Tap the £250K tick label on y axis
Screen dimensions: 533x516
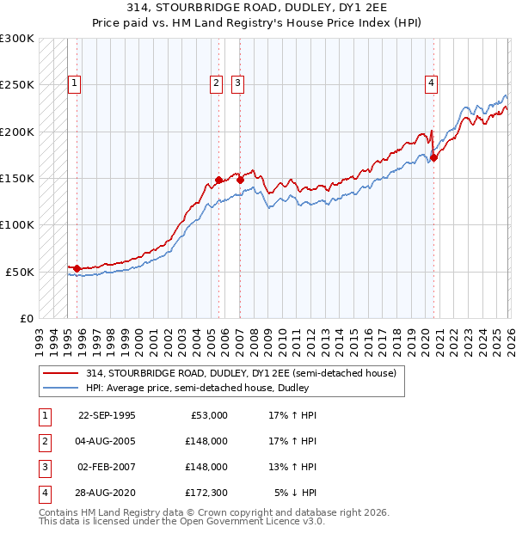[x=17, y=85]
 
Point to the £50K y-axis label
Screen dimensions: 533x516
[x=20, y=272]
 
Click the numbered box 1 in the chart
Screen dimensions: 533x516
[x=75, y=83]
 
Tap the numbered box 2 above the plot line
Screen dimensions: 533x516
[x=215, y=83]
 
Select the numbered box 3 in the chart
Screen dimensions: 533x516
[x=237, y=83]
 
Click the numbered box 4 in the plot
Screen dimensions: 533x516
[x=431, y=83]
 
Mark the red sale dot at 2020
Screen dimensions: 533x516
[x=434, y=157]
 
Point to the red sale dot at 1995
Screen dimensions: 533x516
[x=77, y=268]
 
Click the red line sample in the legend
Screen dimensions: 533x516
[x=62, y=373]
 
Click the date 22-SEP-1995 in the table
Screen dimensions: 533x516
[x=107, y=415]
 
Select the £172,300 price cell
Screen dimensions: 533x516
[x=206, y=493]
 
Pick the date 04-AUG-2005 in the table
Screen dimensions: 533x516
[x=107, y=441]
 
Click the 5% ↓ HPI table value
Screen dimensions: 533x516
[x=296, y=493]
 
